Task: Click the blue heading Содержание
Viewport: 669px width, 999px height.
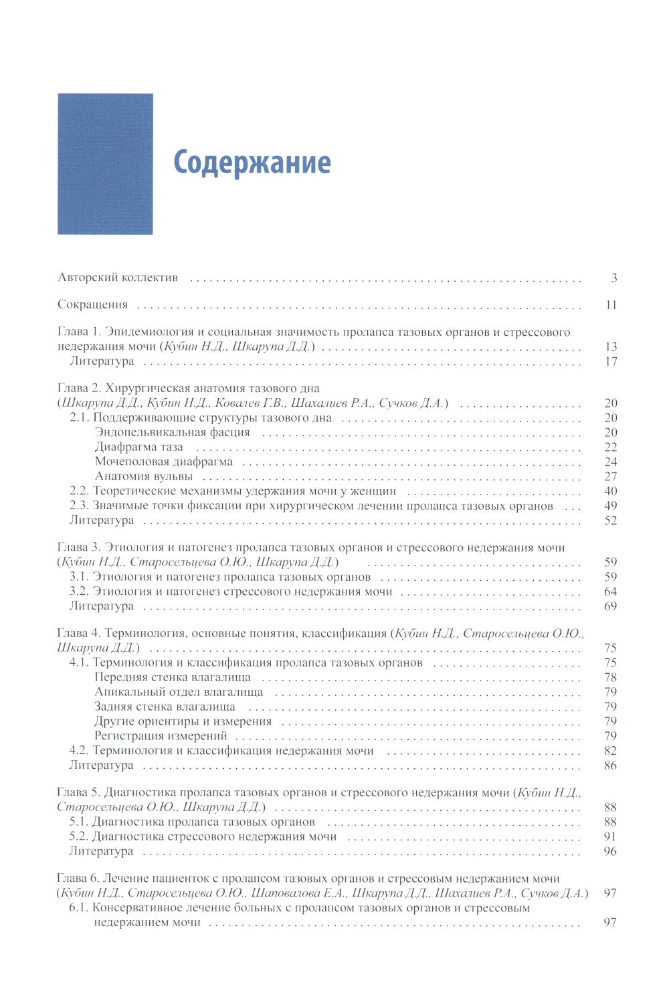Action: coord(252,163)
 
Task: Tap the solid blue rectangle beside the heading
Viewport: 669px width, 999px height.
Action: coord(105,164)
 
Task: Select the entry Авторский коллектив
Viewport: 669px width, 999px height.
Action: coord(118,278)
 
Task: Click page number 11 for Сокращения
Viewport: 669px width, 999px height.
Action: coord(610,305)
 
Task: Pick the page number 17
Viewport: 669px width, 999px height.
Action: coord(610,361)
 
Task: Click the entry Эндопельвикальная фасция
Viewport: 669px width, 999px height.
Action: coord(172,432)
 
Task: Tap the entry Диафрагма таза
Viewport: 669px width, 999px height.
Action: coord(138,447)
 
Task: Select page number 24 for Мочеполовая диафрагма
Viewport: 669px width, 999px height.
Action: coord(610,462)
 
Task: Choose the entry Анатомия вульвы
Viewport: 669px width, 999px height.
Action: coord(143,476)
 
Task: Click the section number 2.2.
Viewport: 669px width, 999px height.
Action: coord(80,491)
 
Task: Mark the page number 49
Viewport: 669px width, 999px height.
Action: coord(610,506)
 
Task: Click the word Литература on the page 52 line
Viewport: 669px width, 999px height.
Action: coord(102,521)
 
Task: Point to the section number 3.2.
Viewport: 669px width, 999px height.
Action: coord(80,592)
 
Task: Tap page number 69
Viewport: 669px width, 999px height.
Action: coord(610,606)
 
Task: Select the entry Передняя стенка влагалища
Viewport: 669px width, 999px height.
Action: coord(173,677)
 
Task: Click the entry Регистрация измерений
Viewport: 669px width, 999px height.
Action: coord(161,736)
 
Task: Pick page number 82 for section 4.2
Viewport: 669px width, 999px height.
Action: coord(610,751)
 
